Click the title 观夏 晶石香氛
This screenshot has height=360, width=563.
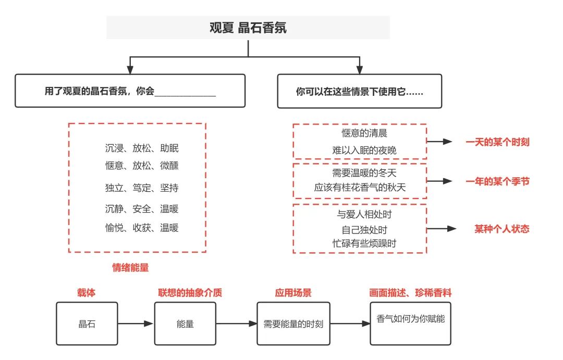point(248,28)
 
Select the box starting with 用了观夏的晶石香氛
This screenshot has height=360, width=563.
point(130,91)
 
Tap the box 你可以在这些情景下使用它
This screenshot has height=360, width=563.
point(359,91)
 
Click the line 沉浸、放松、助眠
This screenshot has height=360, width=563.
point(142,148)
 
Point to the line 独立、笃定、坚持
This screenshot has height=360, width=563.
point(142,188)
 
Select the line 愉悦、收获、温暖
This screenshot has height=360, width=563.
point(142,228)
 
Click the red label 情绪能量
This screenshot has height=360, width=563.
point(130,268)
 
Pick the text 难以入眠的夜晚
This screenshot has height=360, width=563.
point(364,151)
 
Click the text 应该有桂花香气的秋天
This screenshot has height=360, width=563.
point(360,188)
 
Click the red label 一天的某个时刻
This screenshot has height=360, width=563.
point(497,142)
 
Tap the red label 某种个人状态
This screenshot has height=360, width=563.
point(501,229)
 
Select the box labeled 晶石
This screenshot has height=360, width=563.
point(87,324)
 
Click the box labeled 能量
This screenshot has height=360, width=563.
point(185,324)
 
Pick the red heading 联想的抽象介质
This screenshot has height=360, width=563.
point(190,293)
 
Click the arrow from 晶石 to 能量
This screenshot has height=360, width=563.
point(136,324)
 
